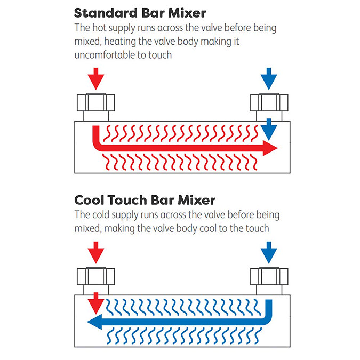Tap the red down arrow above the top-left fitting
tap(96, 78)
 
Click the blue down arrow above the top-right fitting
tap(270, 78)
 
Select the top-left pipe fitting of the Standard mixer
tap(96, 105)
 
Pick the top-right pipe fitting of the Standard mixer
tap(270, 105)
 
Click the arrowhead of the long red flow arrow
tap(270, 149)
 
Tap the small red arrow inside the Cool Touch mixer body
tap(96, 303)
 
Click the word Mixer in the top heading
tap(189, 12)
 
